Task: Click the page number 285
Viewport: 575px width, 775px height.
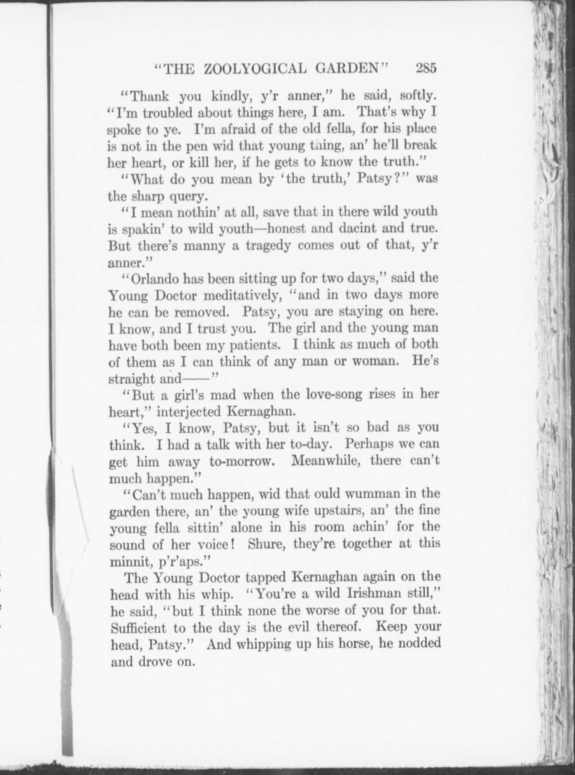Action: coord(426,69)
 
